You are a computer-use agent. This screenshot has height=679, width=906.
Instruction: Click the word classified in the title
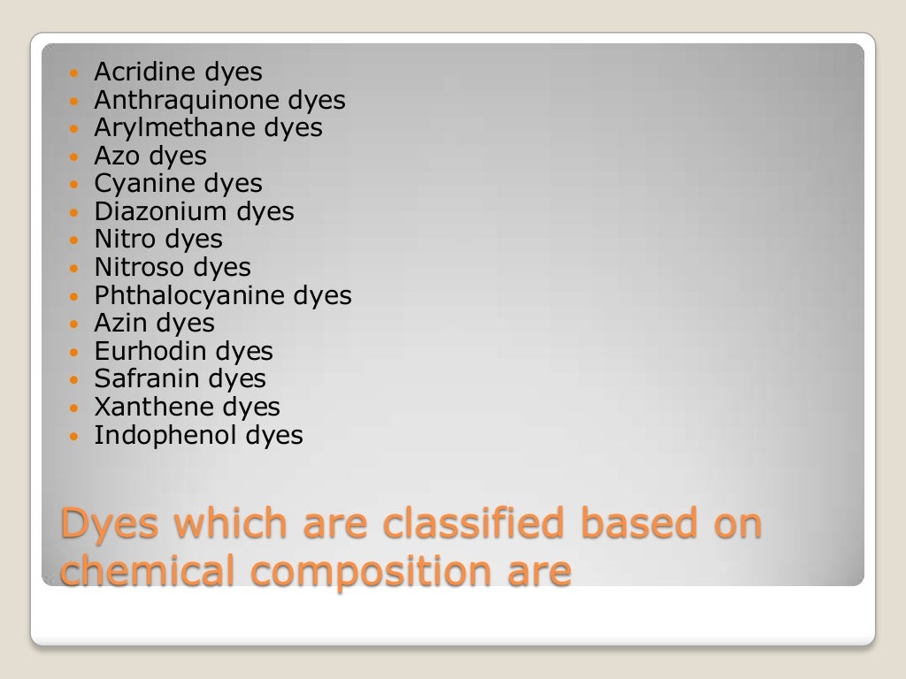[473, 523]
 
